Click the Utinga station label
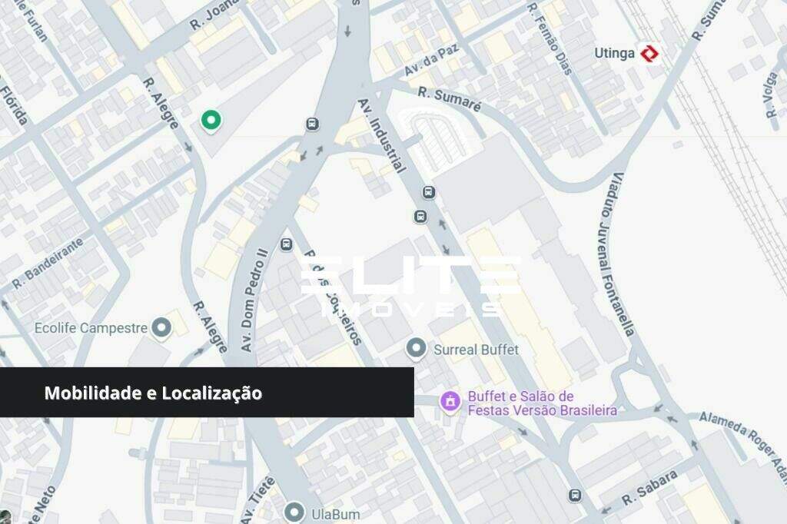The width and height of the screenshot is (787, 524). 615,53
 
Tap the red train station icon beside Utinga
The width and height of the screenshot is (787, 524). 650,53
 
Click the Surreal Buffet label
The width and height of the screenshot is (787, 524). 476,350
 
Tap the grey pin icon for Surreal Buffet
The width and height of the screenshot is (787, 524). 416,349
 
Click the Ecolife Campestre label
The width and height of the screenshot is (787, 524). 91,328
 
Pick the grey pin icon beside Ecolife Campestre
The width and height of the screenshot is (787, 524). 161,328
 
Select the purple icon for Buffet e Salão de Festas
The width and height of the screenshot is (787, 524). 448,401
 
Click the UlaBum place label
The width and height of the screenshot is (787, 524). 335,513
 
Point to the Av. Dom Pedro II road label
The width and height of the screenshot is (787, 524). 253,300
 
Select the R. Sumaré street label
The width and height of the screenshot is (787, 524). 450,100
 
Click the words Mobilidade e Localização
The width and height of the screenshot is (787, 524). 153,393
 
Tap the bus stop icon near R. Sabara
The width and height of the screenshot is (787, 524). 575,496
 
